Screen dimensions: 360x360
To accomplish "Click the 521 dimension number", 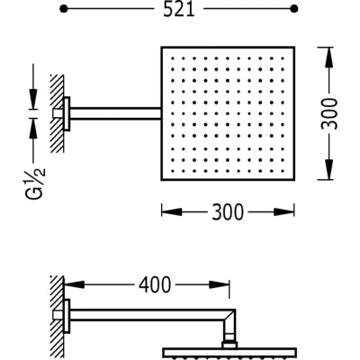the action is [x=179, y=9].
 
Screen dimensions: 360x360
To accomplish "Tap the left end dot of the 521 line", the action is [x=63, y=9].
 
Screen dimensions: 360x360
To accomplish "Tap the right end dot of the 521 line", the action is [x=294, y=9].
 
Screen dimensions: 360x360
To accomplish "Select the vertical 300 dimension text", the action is [x=329, y=113].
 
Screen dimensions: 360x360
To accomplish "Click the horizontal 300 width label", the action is [x=228, y=212].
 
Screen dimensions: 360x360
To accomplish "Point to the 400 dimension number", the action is [x=155, y=284].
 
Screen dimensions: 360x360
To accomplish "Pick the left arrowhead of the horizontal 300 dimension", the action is [x=172, y=212].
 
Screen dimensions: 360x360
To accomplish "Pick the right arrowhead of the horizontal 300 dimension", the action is [x=284, y=212].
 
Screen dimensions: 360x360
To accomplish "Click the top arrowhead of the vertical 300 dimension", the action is [x=329, y=58].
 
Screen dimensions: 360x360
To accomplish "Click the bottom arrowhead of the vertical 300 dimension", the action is [x=329, y=170].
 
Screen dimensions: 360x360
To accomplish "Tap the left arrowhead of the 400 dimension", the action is [x=74, y=284].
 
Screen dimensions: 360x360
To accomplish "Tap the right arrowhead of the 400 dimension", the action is [x=220, y=284].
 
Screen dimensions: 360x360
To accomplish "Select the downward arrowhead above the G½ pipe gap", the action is [x=33, y=98].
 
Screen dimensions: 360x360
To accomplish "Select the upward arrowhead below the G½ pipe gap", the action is [x=33, y=129].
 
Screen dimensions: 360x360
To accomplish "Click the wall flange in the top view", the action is [x=67, y=113].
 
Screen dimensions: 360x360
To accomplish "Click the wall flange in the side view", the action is [x=67, y=316].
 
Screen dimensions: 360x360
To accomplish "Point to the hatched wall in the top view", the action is [x=57, y=113].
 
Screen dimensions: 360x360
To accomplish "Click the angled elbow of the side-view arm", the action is [x=229, y=316].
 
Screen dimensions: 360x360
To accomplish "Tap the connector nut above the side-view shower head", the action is [x=229, y=345].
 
